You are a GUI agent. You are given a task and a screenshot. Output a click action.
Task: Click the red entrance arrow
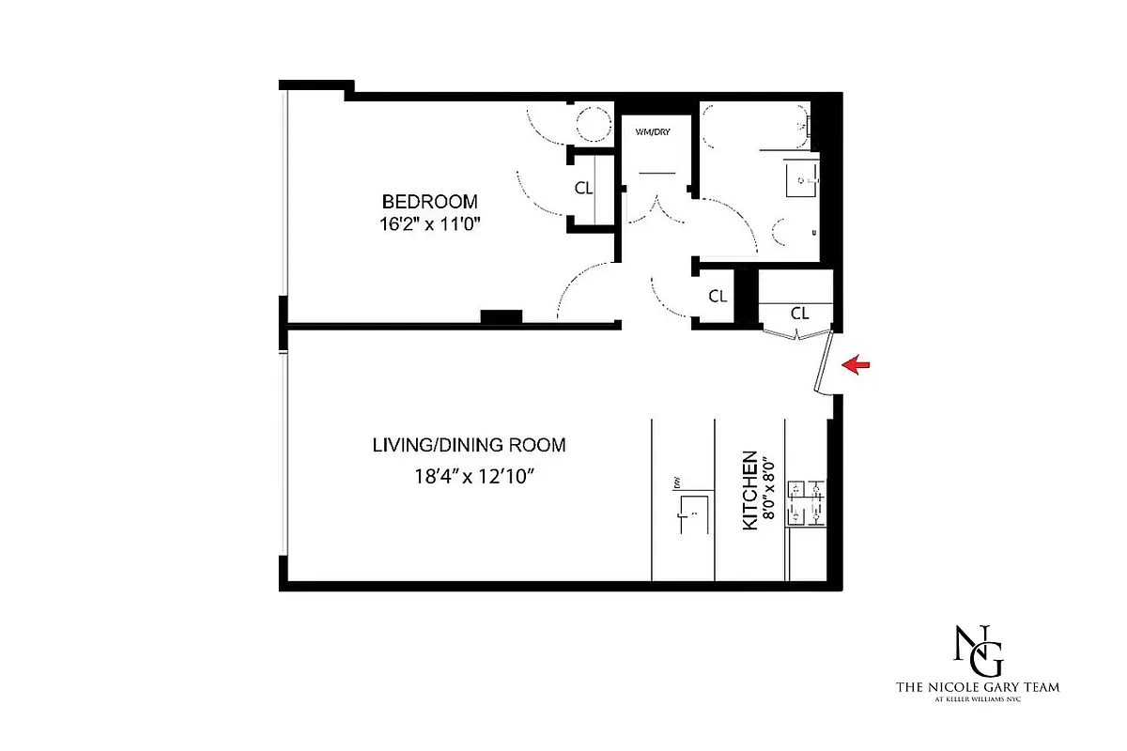click(x=859, y=365)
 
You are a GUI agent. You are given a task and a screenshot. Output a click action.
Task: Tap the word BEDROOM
click(x=429, y=202)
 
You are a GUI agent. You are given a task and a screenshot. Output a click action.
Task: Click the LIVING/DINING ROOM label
click(x=469, y=445)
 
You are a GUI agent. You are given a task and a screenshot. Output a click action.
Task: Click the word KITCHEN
click(x=750, y=491)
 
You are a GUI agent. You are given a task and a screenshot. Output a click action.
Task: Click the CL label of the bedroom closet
click(x=583, y=188)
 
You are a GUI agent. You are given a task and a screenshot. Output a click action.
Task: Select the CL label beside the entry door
click(x=799, y=313)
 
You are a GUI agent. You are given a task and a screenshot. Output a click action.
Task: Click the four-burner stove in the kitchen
click(x=807, y=502)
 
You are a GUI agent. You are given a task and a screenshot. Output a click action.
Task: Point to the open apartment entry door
click(x=824, y=364)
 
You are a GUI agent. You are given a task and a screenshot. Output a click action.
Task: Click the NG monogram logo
click(x=977, y=649)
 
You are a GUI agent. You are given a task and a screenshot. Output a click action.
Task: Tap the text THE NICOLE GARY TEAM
click(x=978, y=687)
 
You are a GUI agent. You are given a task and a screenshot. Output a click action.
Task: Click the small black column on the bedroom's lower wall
click(x=501, y=316)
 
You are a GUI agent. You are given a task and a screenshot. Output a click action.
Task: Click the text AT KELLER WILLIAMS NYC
click(x=978, y=701)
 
